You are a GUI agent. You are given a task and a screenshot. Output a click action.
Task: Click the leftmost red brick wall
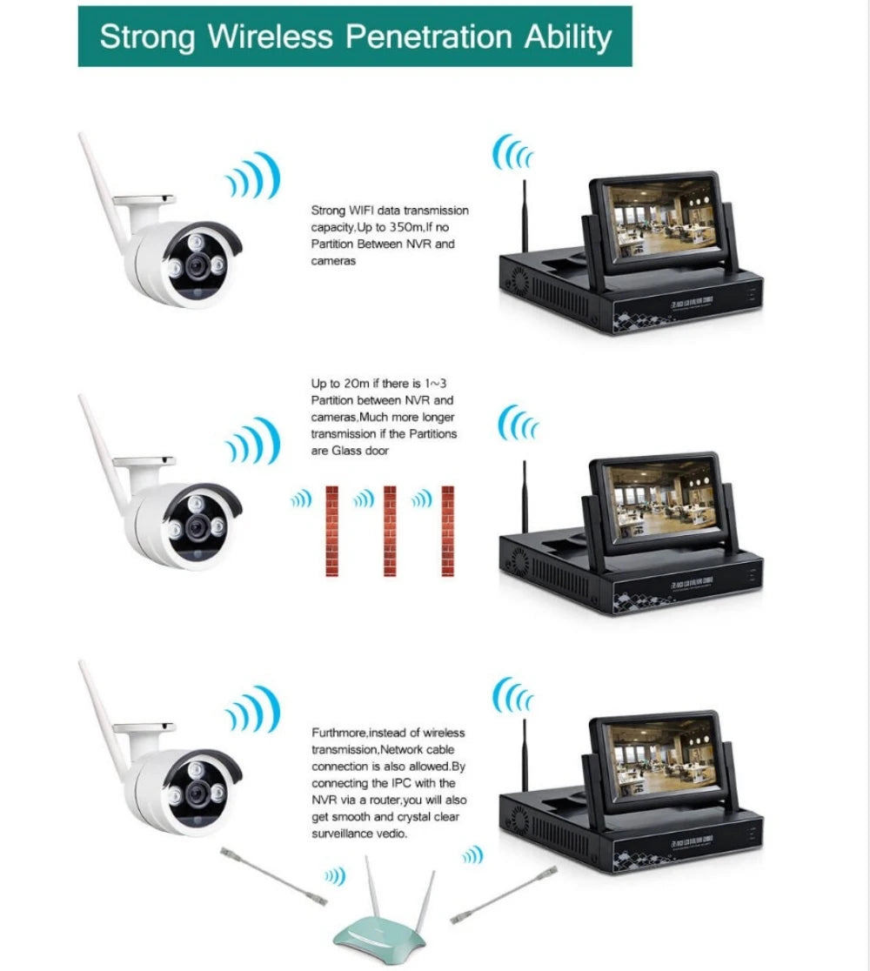331,530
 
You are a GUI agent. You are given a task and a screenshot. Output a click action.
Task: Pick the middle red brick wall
390,530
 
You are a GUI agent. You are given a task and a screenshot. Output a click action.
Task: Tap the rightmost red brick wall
448,530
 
